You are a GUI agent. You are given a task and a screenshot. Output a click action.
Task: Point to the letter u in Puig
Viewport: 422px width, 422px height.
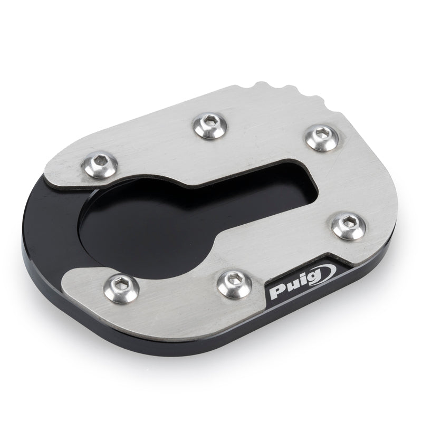(x=291, y=288)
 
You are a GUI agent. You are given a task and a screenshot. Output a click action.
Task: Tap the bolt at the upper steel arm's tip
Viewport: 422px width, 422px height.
(x=100, y=164)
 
